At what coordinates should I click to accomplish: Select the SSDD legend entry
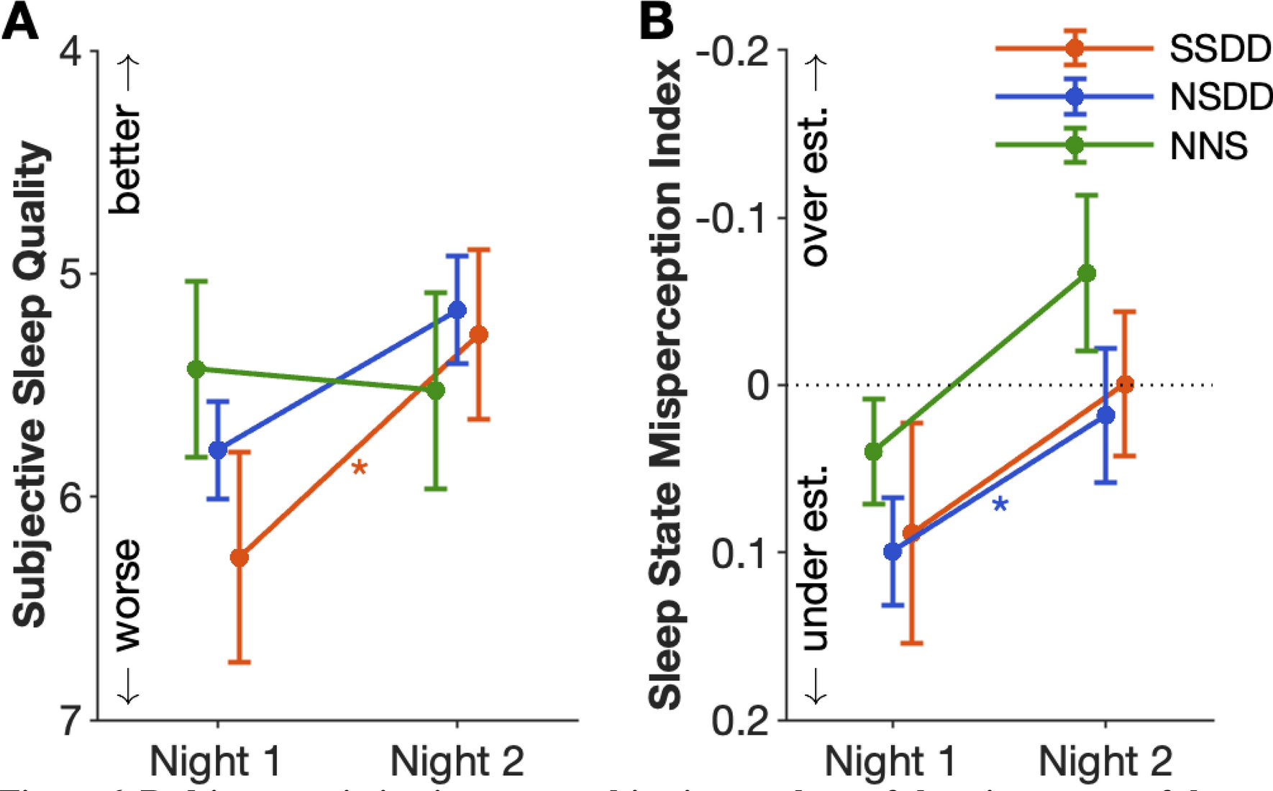(1220, 49)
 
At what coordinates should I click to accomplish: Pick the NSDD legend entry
(1220, 96)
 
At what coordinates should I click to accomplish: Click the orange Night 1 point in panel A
(239, 557)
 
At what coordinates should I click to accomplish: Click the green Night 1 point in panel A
(196, 369)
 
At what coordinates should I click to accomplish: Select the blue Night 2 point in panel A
(457, 310)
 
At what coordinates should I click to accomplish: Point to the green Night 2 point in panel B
(1087, 274)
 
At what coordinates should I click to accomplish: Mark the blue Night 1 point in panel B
(893, 552)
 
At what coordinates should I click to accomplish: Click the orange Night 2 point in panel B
(1126, 384)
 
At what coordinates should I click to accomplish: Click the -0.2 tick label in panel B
(733, 52)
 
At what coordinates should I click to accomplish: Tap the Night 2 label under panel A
(457, 761)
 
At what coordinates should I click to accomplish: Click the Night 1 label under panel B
(890, 761)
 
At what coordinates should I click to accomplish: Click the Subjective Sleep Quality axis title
(31, 385)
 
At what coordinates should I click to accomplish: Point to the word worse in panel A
(127, 595)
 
